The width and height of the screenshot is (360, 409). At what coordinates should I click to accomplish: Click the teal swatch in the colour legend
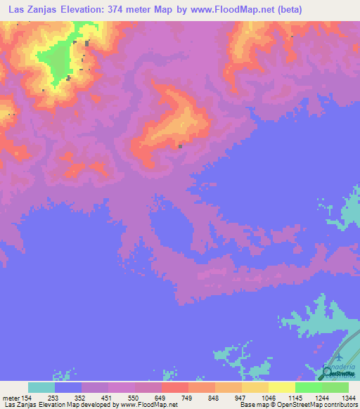[x=41, y=388]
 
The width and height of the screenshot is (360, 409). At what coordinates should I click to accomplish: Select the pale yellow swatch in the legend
[x=281, y=388]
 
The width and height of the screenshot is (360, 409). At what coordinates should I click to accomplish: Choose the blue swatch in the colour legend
[x=68, y=388]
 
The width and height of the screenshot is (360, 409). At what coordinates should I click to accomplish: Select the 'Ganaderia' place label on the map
[x=340, y=368]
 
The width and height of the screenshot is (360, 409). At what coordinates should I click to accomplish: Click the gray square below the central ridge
[x=181, y=147]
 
